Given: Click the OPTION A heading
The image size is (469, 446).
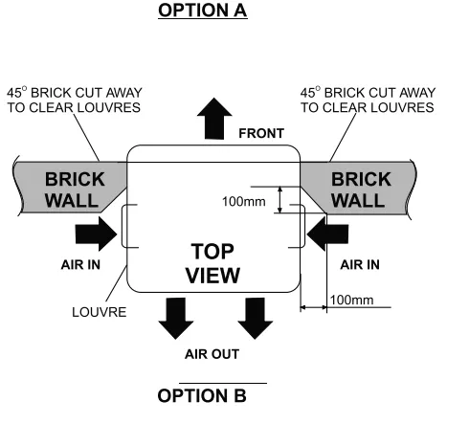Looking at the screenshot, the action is pos(203,11).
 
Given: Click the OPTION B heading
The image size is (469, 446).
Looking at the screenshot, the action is pos(202,395).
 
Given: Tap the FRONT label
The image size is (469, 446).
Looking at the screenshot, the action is pos(261,133).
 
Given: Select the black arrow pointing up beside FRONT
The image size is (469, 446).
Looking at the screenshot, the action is pos(214,119).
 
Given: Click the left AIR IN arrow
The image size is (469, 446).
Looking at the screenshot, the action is pos(96,234).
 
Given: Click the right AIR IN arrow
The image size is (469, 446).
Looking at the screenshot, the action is pos(327,234).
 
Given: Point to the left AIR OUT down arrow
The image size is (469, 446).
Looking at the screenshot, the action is pos(176,319).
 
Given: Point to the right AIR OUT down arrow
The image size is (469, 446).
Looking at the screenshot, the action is pos(256,319).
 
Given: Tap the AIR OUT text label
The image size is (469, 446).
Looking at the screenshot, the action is pos(212,354).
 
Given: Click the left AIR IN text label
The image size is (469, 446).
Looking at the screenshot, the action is pos(80,265).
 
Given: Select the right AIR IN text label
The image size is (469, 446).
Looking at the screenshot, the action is pos(360,265).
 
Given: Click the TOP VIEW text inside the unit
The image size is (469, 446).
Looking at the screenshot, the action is pos(212,263).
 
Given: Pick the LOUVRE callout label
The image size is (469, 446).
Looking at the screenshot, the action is pos(100,312).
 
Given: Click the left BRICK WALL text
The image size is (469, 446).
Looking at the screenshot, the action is pos(75,190).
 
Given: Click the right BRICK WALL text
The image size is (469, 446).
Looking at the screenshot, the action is pos(361,190).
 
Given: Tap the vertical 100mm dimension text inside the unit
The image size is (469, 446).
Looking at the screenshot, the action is pos(244,202).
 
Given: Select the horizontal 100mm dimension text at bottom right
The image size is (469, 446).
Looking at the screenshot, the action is pos(351,300).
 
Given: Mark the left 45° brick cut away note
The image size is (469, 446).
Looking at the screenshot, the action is pos(74,100).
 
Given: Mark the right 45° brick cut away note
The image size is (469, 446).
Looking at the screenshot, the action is pos(368,100).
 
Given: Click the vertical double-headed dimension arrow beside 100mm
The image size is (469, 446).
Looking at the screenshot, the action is pos(280,200).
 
